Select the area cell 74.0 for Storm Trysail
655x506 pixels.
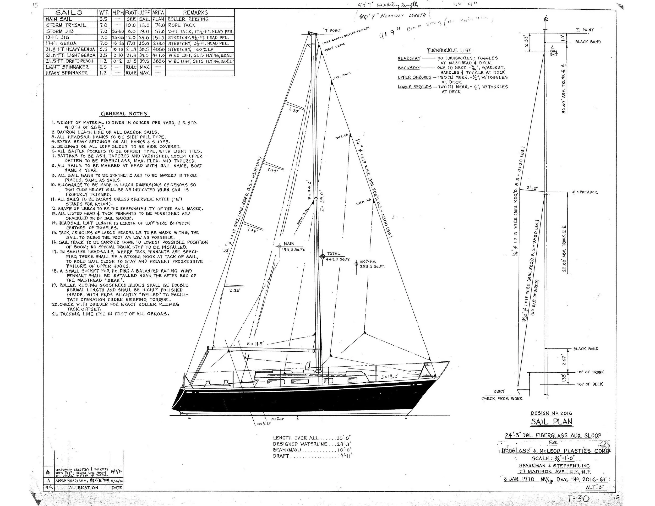pyautogui.click(x=158, y=25)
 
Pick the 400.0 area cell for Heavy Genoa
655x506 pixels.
pyautogui.click(x=158, y=49)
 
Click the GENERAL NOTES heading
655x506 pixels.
pyautogui.click(x=124, y=114)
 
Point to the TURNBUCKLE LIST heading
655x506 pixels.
pyautogui.click(x=449, y=51)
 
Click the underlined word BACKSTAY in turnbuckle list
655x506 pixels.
pyautogui.click(x=409, y=68)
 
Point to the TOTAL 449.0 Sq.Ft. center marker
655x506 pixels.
pyautogui.click(x=323, y=257)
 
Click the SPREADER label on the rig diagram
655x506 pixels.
pyautogui.click(x=587, y=192)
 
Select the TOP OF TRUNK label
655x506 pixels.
pyautogui.click(x=590, y=372)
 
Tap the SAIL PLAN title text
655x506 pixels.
pyautogui.click(x=552, y=421)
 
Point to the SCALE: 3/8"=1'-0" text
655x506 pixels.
pyautogui.click(x=553, y=458)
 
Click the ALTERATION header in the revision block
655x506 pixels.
pyautogui.click(x=83, y=487)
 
